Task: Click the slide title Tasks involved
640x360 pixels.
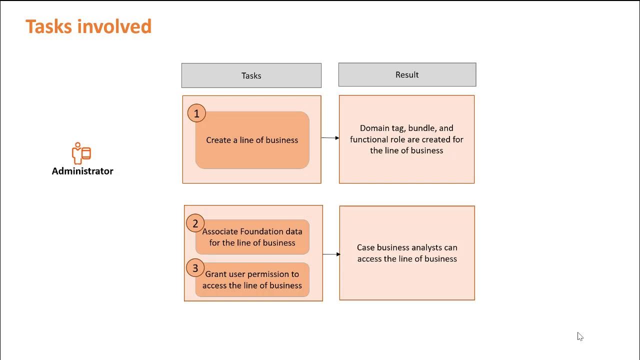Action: [88, 26]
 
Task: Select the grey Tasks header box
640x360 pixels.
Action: [251, 75]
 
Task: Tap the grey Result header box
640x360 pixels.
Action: [407, 74]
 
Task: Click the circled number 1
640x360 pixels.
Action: [196, 113]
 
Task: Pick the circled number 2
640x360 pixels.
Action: [195, 223]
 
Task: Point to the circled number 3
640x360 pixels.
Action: [195, 268]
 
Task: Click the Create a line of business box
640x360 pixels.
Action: [252, 140]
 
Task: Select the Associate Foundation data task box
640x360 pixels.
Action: [252, 237]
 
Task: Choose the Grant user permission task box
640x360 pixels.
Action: [252, 279]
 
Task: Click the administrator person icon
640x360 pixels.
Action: [81, 153]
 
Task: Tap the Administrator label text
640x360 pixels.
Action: [82, 171]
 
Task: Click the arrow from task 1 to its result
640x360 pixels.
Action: [330, 137]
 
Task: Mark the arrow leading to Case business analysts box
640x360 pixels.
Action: [331, 254]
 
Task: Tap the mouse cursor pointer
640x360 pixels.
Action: [580, 336]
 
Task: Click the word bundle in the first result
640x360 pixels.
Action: [421, 128]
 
